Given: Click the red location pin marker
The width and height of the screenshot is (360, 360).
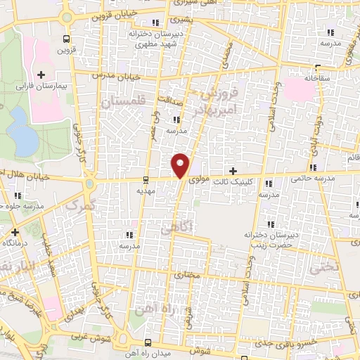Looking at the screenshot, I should click(x=181, y=165).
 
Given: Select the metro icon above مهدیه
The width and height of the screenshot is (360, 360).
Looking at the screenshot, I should click(x=145, y=179).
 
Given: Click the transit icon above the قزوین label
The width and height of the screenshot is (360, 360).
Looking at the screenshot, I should click(x=65, y=39).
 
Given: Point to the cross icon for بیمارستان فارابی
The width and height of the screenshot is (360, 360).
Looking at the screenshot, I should click(x=40, y=75).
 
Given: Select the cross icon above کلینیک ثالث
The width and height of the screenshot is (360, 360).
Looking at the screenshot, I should click(x=234, y=171).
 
